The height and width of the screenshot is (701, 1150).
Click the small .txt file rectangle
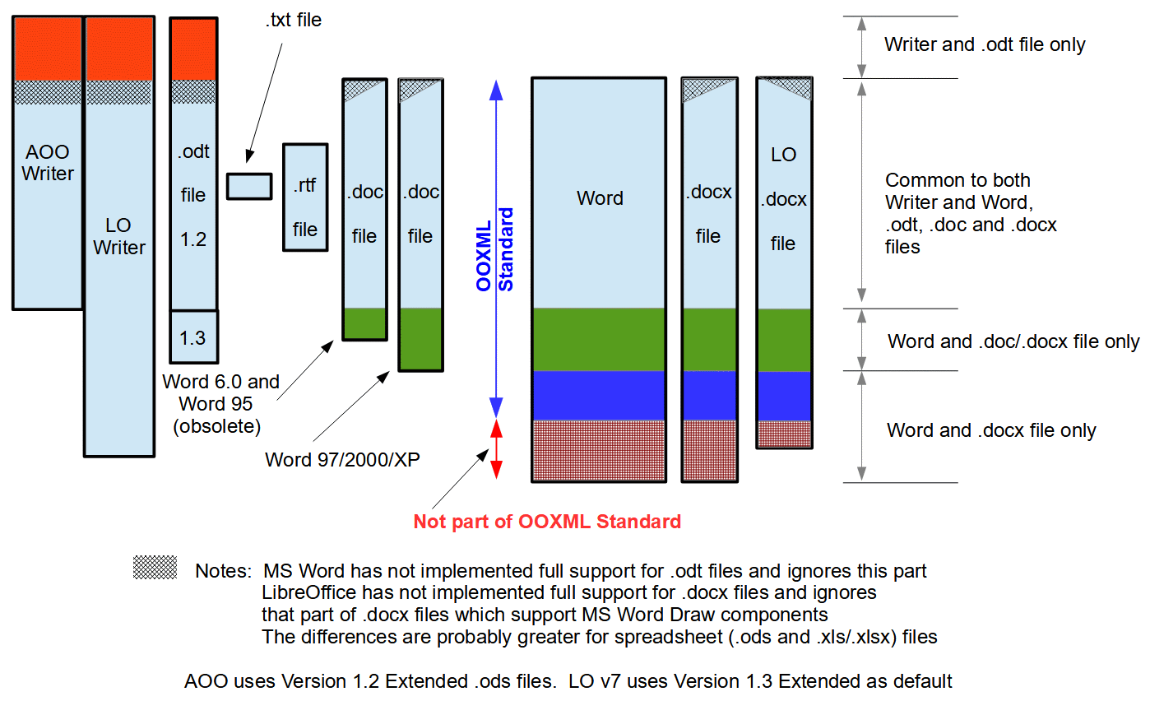249,186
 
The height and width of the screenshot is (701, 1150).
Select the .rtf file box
305,197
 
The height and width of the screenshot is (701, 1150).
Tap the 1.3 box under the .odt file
193,337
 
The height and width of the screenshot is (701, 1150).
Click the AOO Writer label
48,163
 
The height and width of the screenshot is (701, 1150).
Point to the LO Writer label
119,236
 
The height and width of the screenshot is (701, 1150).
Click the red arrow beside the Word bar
496,449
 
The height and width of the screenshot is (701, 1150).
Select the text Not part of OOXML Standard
547,521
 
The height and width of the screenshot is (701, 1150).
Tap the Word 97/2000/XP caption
342,459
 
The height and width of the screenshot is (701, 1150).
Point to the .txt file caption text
293,21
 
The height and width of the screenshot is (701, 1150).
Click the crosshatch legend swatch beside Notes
155,567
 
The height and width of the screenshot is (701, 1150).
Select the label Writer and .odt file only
985,44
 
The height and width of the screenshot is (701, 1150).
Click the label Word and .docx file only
991,430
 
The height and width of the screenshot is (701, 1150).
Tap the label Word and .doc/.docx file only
1013,341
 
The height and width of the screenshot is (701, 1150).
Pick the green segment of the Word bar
599,339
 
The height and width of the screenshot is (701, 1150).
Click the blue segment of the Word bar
599,395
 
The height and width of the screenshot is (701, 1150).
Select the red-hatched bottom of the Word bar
599,450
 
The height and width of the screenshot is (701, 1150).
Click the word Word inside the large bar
600,198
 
